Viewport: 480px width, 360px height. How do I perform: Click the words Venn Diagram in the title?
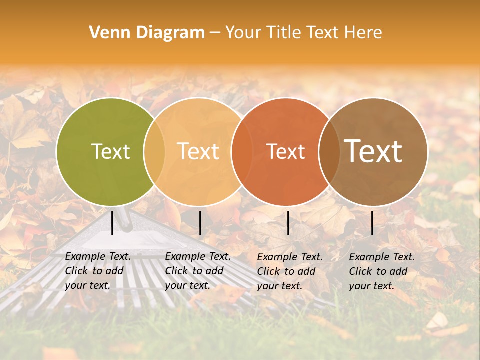147,33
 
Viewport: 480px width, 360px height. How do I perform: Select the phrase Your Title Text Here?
303,33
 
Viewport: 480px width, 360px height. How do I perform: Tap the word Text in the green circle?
110,151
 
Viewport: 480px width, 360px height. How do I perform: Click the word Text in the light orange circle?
198,151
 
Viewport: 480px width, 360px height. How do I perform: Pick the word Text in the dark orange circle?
286,151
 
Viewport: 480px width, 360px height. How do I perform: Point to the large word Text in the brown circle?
373,151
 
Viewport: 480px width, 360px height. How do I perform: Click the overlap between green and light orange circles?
154,151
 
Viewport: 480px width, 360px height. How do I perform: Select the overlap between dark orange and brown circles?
329,151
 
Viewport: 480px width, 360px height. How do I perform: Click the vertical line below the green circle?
112,223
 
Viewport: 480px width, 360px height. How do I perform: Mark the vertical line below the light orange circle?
200,223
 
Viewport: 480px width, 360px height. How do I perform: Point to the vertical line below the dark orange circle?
288,223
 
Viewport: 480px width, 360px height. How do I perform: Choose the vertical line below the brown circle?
372,223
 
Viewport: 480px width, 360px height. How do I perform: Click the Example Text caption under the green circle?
97,271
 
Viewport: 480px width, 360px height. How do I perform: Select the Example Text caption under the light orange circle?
197,271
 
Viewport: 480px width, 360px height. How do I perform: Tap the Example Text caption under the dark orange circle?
289,271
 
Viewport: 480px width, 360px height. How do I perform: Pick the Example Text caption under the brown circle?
381,271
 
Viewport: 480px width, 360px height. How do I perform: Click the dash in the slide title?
215,33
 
